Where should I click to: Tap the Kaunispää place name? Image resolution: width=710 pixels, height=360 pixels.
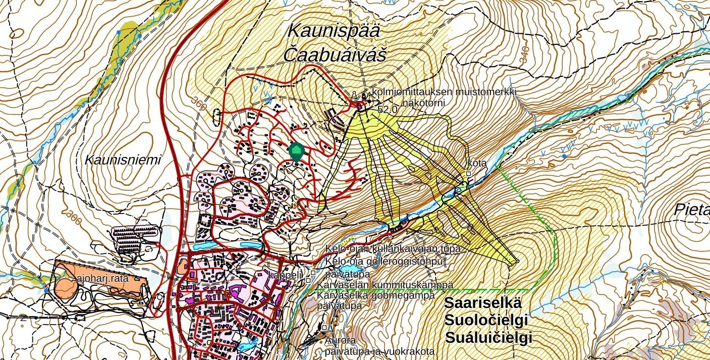tap(334, 30)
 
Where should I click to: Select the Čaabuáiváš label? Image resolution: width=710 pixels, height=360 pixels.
tap(335, 55)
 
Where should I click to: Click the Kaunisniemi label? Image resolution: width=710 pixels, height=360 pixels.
tap(123, 161)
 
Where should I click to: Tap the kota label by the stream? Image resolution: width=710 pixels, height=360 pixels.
tap(477, 163)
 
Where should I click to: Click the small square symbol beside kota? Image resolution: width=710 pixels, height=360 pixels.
tap(469, 173)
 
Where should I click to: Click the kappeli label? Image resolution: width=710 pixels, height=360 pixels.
tap(286, 275)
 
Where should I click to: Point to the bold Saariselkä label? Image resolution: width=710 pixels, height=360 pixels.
tap(482, 303)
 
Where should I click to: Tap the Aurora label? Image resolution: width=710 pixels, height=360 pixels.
tap(341, 340)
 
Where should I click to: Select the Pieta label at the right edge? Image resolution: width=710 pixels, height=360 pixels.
tap(692, 210)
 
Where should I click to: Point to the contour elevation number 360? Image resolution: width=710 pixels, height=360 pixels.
tap(200, 104)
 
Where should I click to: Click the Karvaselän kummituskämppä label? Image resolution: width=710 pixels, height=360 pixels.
tap(385, 285)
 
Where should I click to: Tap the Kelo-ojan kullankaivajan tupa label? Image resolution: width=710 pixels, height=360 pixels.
tap(393, 249)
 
